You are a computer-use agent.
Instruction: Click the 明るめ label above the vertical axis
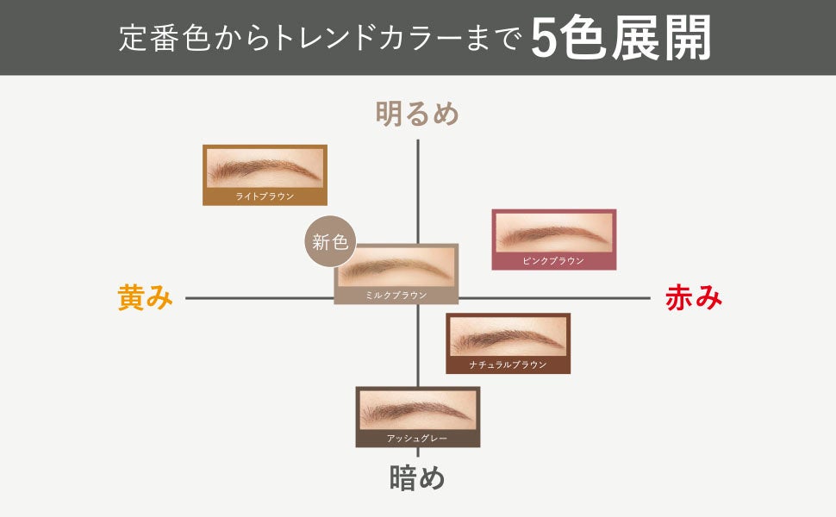click(417, 114)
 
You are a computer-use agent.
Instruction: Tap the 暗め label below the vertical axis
click(417, 478)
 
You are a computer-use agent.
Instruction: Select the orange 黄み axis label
click(145, 298)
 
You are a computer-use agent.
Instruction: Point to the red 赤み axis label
click(693, 298)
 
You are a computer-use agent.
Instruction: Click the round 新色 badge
click(330, 242)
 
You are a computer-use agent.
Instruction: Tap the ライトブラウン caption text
click(265, 196)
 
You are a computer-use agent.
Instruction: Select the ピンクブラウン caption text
click(553, 260)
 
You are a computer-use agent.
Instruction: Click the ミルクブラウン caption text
click(396, 295)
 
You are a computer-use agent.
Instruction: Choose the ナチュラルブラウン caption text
click(508, 364)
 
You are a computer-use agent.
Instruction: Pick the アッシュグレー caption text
click(417, 439)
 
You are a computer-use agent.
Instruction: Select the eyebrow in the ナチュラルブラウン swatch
click(507, 336)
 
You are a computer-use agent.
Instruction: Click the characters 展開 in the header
click(662, 39)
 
